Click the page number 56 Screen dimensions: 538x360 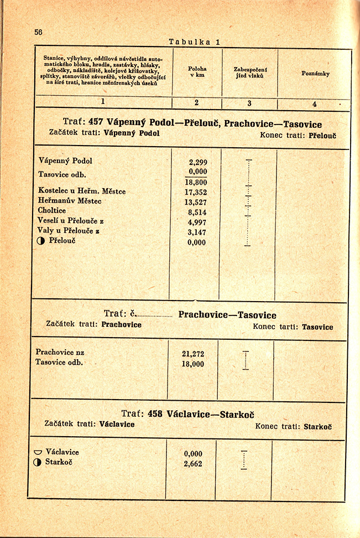click(x=38, y=32)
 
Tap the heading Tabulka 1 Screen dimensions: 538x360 click(x=195, y=42)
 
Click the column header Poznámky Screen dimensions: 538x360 click(x=316, y=73)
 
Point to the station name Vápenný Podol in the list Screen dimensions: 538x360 click(x=65, y=161)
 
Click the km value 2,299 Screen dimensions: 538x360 click(x=197, y=163)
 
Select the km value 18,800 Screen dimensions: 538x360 click(x=197, y=183)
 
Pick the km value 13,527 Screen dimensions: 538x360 click(x=197, y=202)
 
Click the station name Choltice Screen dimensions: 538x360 click(x=52, y=211)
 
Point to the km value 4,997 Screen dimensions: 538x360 click(x=197, y=223)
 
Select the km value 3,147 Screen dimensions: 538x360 click(x=197, y=232)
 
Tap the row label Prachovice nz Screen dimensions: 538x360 click(x=60, y=352)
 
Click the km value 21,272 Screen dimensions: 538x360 click(x=193, y=354)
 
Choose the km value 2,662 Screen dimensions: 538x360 click(x=193, y=464)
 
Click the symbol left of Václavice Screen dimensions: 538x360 click(x=38, y=453)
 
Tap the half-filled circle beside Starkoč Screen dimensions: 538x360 click(x=38, y=462)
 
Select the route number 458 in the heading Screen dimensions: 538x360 click(x=155, y=414)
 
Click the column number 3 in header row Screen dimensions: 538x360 click(x=249, y=103)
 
